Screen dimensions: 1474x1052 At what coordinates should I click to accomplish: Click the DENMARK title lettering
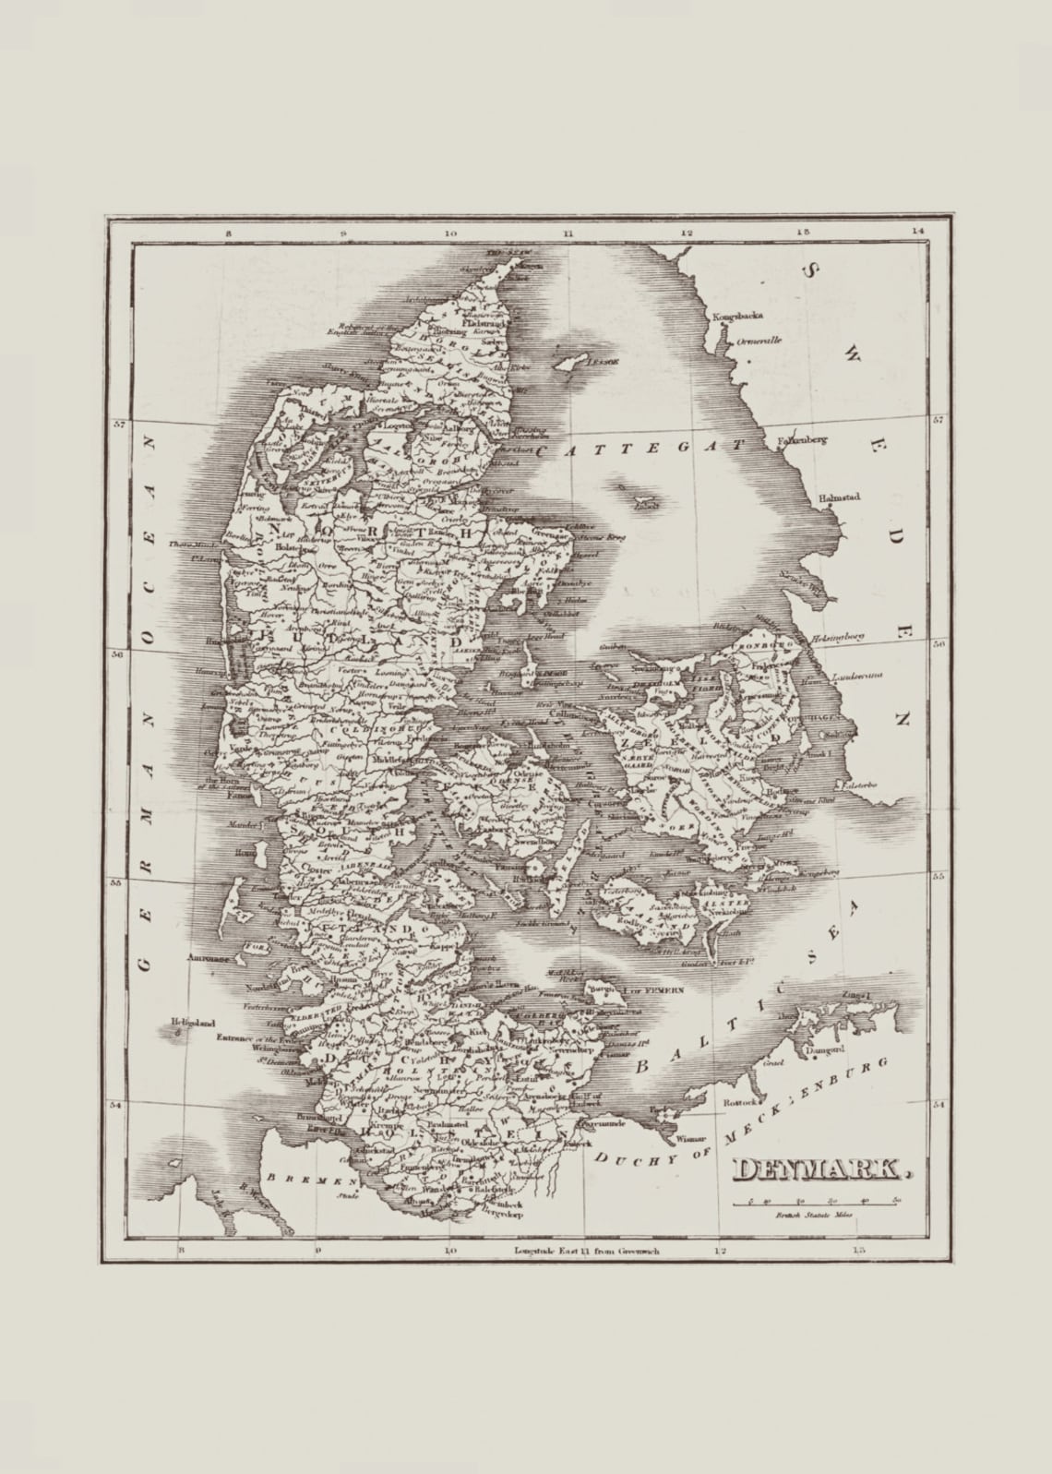click(x=818, y=1169)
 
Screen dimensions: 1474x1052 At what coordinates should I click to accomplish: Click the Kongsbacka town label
click(x=738, y=317)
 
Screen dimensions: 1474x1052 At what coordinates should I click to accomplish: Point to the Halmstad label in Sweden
click(x=839, y=497)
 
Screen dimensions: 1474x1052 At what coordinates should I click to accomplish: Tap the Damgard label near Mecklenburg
click(x=825, y=1050)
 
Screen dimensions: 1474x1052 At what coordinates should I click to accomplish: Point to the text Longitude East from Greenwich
click(x=587, y=1252)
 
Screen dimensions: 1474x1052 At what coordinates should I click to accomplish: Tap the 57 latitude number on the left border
click(x=118, y=425)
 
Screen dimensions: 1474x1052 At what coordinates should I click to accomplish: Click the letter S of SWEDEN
click(x=811, y=270)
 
